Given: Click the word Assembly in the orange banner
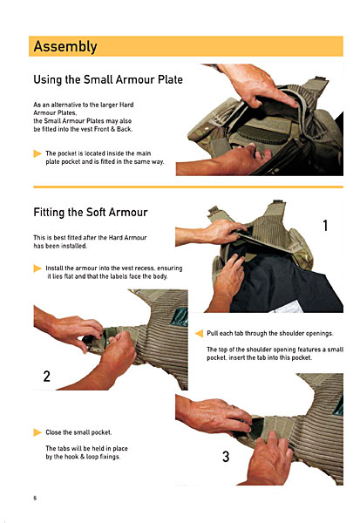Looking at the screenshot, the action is [x=65, y=47].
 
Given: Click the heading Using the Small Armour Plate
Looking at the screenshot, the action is [x=108, y=79].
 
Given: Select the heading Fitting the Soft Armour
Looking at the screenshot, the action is [x=91, y=212].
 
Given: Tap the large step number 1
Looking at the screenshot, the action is [x=325, y=226].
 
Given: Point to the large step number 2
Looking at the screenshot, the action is [x=47, y=377].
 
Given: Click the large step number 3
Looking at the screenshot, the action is [x=226, y=457].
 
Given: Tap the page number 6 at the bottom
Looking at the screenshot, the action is [x=35, y=498].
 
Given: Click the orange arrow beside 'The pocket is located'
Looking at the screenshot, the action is [x=37, y=153].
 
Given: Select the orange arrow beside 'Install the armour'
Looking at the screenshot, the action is [x=37, y=268].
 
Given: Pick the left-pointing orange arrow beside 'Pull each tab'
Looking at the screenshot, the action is [x=200, y=333].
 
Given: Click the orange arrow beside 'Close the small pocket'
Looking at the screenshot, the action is [x=37, y=432].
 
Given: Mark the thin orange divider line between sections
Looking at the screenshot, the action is [x=188, y=187].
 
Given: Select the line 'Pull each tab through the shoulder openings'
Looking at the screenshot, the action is [x=270, y=333].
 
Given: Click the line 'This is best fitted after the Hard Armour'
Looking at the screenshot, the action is [x=90, y=237].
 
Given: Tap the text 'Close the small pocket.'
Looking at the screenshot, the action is [x=78, y=432].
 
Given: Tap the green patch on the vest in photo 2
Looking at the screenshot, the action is [x=180, y=317].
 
